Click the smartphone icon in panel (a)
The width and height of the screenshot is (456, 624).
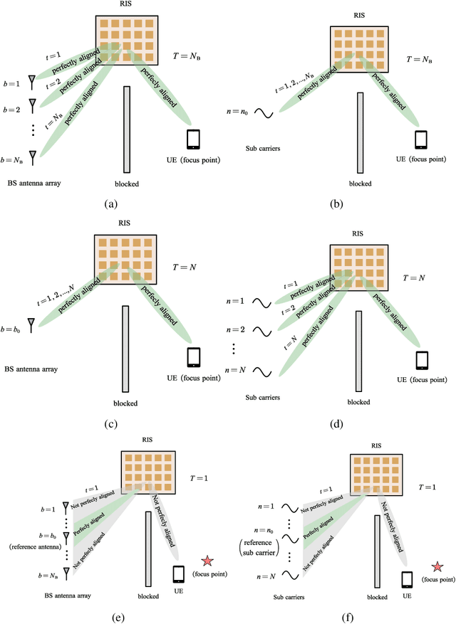193,138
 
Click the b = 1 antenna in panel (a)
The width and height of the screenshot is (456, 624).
31,83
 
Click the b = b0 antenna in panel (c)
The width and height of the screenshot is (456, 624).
31,324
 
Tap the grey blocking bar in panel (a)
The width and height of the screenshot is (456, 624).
127,129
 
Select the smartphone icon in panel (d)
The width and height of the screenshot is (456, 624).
422,359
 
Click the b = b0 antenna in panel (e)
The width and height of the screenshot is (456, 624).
66,535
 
